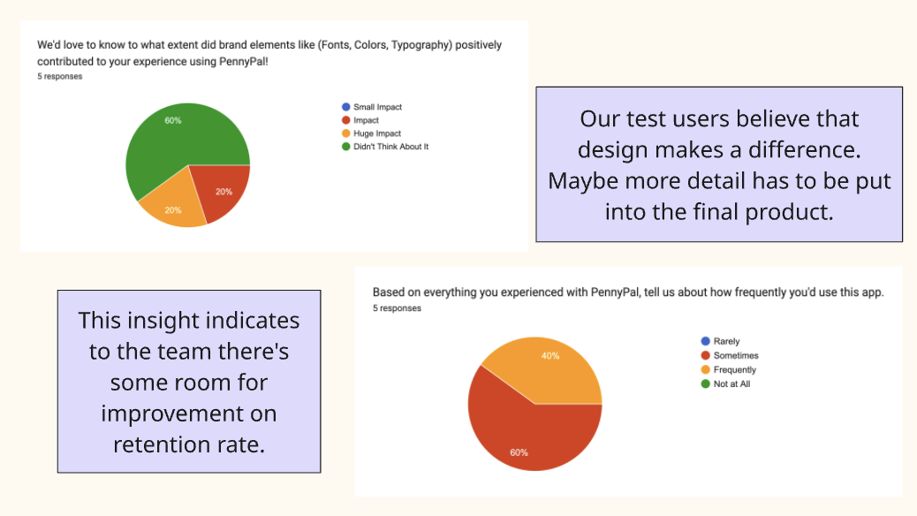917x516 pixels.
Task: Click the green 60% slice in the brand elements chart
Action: coord(172,141)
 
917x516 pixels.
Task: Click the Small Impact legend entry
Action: coord(377,107)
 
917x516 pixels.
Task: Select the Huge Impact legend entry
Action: coord(377,133)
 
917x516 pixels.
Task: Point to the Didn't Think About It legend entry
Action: coord(390,147)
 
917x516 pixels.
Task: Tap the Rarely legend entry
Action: coord(726,341)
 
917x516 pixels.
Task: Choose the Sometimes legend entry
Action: coord(736,355)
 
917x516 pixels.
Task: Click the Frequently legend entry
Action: coord(735,369)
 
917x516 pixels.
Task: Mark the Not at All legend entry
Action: coord(731,383)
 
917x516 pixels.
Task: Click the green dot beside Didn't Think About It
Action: coord(345,147)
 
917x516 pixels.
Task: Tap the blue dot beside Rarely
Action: coord(705,341)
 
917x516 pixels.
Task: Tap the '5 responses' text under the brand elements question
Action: coord(60,77)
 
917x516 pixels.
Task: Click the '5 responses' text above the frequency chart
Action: coord(397,308)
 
